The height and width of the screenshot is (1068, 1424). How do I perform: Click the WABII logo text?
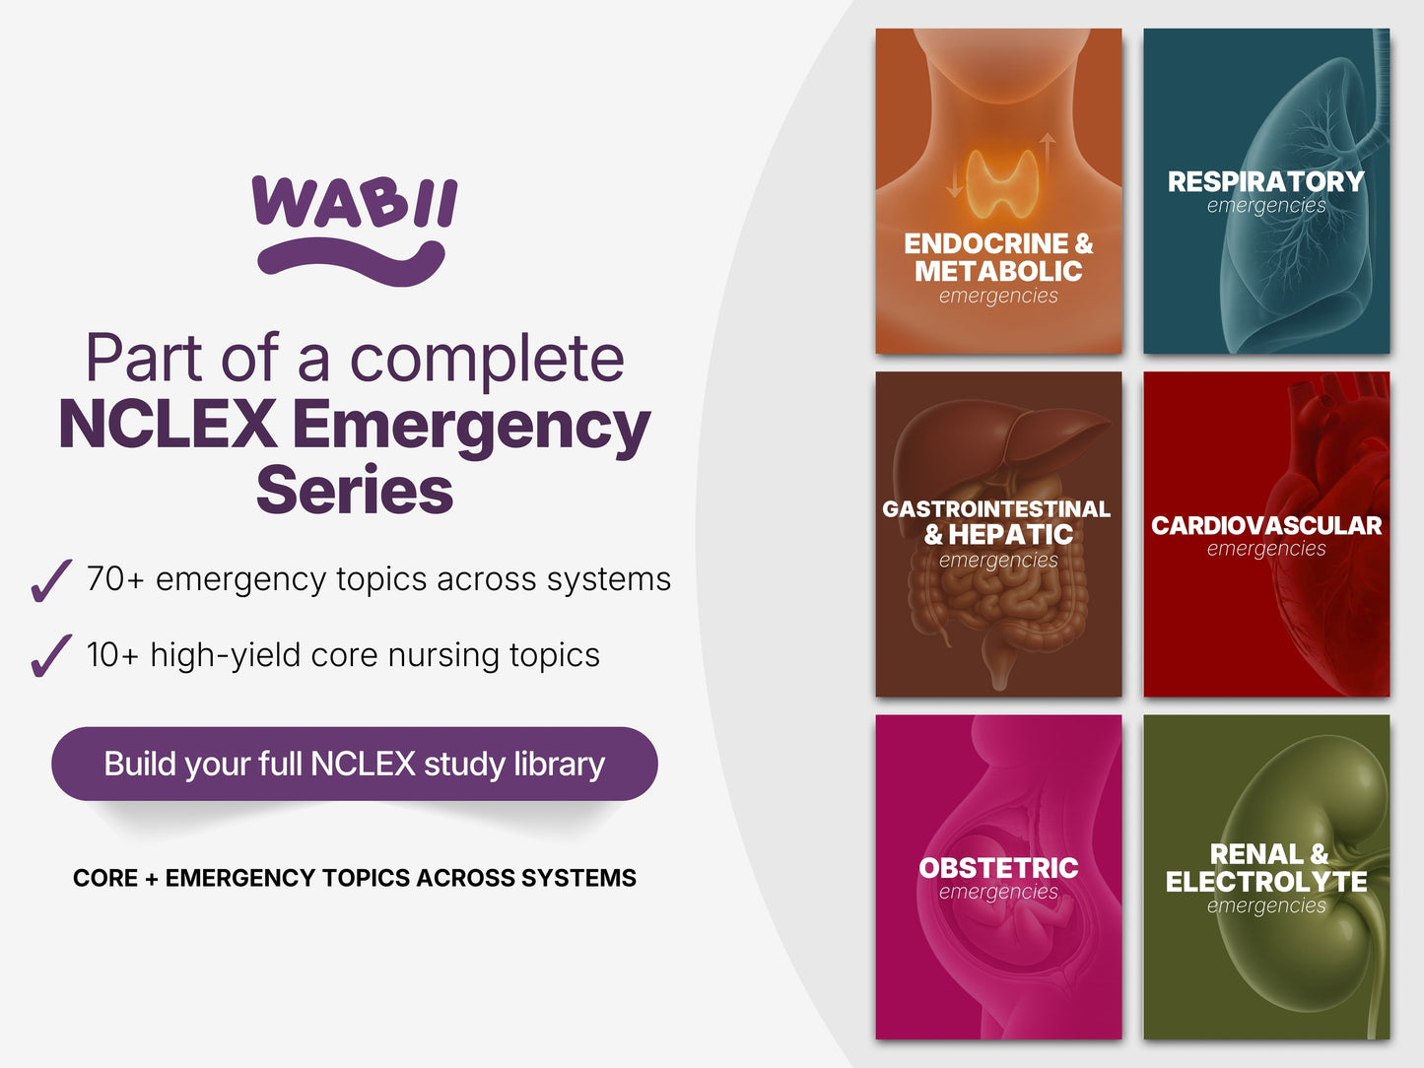(355, 201)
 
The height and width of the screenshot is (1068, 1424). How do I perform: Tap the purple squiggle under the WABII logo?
(351, 263)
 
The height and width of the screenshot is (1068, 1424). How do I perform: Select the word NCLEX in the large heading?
(169, 424)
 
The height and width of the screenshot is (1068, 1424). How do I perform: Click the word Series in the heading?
(355, 491)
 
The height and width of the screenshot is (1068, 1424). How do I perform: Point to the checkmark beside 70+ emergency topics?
(51, 580)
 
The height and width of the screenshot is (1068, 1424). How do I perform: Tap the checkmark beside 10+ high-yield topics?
(51, 655)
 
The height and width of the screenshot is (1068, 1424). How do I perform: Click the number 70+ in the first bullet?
(115, 578)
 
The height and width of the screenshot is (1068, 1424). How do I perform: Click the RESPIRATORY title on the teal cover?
(1266, 181)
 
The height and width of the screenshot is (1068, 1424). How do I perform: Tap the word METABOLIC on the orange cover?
(998, 271)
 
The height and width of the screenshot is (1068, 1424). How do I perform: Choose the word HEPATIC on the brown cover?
(1011, 534)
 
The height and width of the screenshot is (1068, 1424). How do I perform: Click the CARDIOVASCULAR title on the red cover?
(1266, 526)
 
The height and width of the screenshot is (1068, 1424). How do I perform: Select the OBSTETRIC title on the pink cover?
(998, 868)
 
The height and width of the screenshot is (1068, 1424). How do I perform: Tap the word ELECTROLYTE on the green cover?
(1266, 881)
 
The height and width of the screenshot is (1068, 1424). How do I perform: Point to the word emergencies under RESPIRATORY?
(1266, 206)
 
